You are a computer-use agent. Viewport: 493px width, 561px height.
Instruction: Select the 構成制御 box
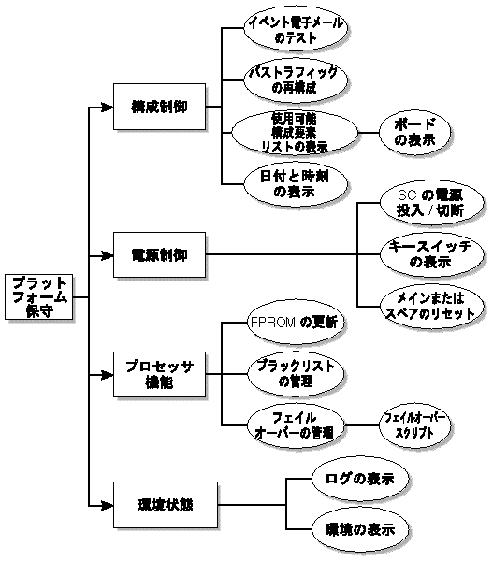coord(158,107)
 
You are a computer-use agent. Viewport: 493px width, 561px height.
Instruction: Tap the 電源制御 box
coord(158,254)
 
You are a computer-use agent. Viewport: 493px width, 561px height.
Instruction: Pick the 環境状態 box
coord(158,506)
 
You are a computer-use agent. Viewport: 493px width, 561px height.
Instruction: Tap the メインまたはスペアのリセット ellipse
coord(434,305)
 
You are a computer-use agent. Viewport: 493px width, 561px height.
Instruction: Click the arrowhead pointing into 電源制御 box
coord(106,254)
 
